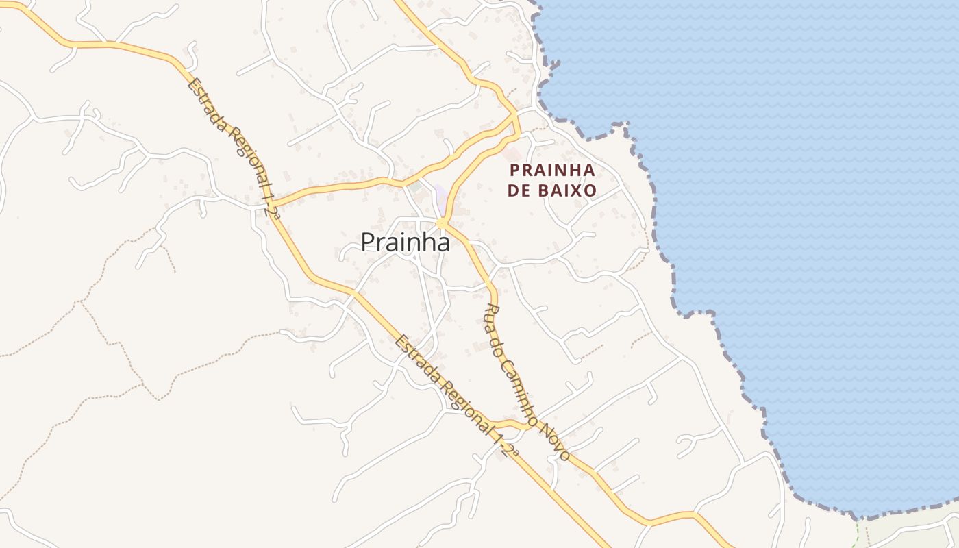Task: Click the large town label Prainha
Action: [x=405, y=242]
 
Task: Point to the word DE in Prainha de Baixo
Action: [x=520, y=190]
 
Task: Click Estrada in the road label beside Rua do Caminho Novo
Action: [x=414, y=356]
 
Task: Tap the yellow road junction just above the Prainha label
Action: [x=442, y=223]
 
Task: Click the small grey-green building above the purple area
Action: [x=415, y=186]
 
